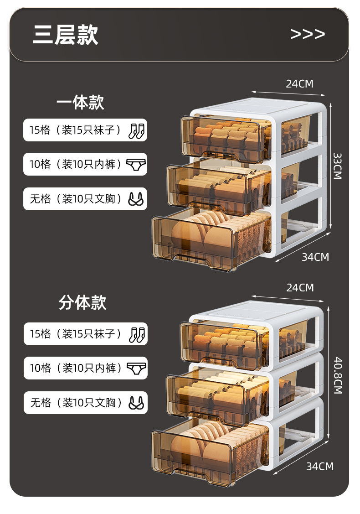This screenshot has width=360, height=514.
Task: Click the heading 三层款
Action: click(x=66, y=35)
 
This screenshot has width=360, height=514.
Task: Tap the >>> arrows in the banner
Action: click(x=308, y=34)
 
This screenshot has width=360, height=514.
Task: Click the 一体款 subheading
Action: click(x=80, y=102)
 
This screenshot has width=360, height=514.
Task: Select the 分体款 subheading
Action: click(x=82, y=302)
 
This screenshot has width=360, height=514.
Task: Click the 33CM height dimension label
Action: click(x=337, y=166)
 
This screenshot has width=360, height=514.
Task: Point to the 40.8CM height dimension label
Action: click(x=337, y=375)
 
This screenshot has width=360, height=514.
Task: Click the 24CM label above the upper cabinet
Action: click(x=299, y=83)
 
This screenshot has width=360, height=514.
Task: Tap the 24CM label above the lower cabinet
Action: click(x=300, y=288)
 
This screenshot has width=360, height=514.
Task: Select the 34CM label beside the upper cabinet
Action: click(x=315, y=257)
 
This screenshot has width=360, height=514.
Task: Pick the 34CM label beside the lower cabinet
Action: click(x=319, y=466)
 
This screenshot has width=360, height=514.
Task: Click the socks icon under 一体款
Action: click(x=136, y=130)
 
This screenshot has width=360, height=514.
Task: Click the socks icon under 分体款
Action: click(x=137, y=334)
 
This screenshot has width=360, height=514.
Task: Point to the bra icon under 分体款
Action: click(x=136, y=402)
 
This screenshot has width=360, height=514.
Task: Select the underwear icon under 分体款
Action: click(x=136, y=368)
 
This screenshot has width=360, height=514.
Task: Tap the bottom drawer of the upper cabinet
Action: click(x=210, y=242)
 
